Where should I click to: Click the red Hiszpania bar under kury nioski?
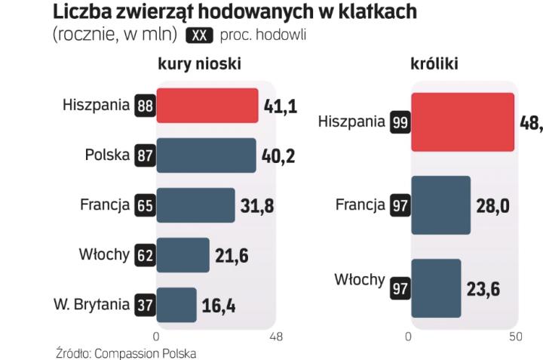[207, 106]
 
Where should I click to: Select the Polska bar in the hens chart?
[206, 155]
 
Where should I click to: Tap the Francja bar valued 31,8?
[195, 205]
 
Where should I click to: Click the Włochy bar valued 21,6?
[183, 255]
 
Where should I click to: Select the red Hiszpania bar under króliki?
[462, 122]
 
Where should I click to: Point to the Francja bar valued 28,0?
[440, 205]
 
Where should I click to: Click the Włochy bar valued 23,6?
[435, 288]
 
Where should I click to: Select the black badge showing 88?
[144, 106]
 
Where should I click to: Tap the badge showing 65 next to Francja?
[144, 205]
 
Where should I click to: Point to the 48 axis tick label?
[276, 337]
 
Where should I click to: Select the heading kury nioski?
[199, 64]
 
